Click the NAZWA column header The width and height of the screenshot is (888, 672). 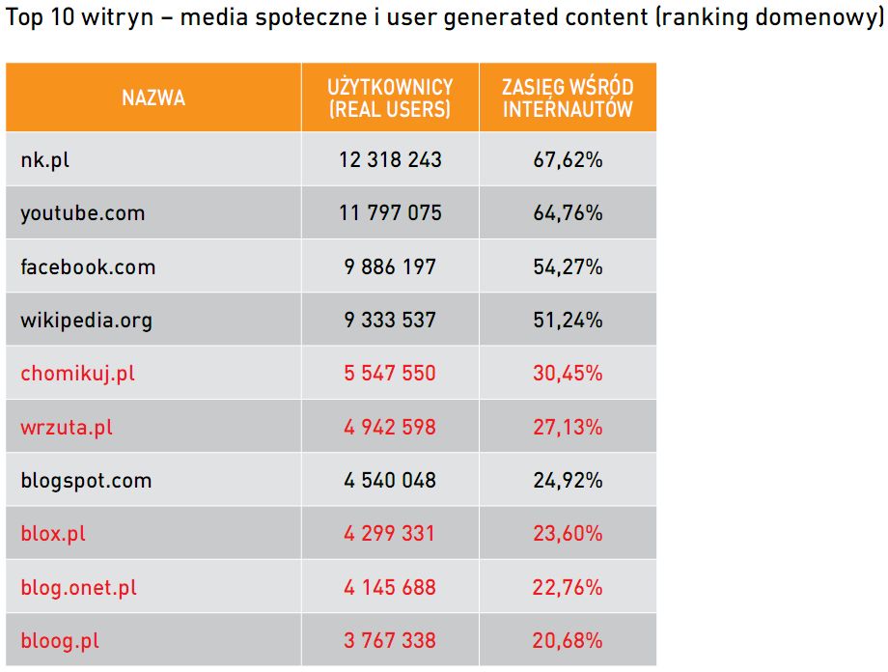point(153,98)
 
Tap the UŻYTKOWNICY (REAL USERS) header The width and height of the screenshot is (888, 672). point(390,98)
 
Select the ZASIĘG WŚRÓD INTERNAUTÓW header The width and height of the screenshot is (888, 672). point(568,98)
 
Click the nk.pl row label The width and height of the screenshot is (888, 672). point(45,160)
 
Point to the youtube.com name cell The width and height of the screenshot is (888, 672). point(83,213)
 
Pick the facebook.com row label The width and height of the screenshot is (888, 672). point(88,266)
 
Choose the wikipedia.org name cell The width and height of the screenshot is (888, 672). point(87,321)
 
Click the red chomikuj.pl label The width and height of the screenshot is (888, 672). point(78,374)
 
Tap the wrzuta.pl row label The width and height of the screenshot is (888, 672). point(67,427)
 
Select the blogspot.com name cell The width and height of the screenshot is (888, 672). point(86,481)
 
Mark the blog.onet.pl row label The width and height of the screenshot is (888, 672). point(79,587)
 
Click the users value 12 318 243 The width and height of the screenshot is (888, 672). point(390,160)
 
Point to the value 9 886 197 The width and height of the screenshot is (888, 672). point(390,266)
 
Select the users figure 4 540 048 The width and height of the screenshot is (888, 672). point(390,481)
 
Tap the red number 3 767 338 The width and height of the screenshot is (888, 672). point(390,640)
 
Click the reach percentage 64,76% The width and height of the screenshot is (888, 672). point(568,213)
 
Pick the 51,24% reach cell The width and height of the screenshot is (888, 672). point(568,321)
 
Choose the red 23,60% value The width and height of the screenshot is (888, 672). point(568,534)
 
